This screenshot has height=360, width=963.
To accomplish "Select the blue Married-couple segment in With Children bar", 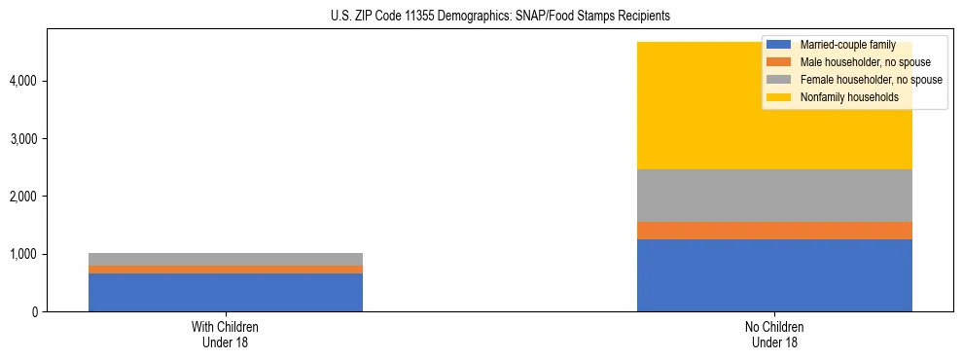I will (226, 292).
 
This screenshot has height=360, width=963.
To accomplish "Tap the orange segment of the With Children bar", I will (226, 270).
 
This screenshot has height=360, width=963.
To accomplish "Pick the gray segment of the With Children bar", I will (226, 259).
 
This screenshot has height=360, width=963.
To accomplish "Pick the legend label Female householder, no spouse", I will (868, 80).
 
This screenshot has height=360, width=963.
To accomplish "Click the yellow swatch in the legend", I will (779, 97).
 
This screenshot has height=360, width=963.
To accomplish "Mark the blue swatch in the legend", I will (779, 45).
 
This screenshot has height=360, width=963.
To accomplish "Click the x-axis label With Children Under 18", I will (226, 334).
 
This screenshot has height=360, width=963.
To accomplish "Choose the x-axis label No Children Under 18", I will (774, 334).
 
